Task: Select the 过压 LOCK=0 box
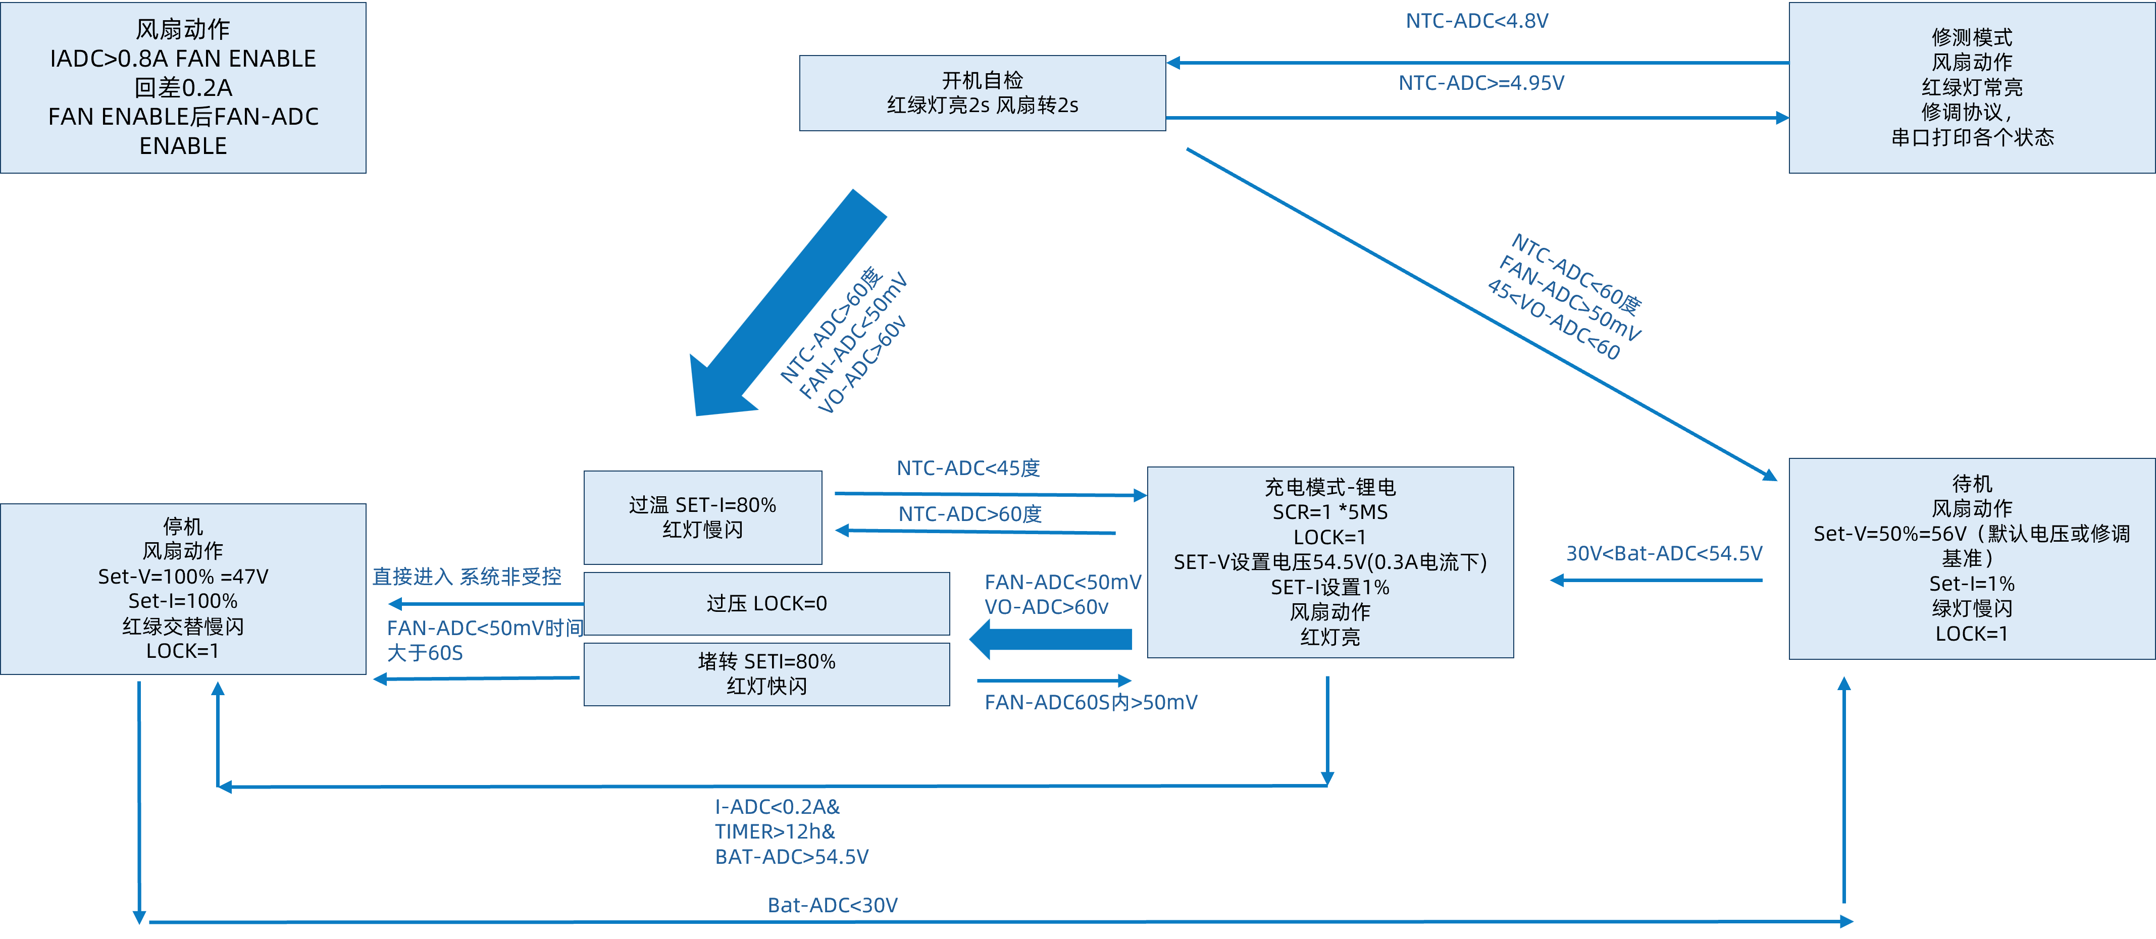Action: [766, 603]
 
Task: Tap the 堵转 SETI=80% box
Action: [766, 673]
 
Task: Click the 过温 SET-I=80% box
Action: [702, 517]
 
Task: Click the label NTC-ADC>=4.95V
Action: [1480, 83]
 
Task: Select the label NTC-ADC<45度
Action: [968, 468]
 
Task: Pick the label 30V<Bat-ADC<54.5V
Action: [1664, 553]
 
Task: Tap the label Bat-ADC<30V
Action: [832, 905]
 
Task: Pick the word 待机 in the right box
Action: [1971, 484]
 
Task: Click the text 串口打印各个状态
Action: [1971, 137]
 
